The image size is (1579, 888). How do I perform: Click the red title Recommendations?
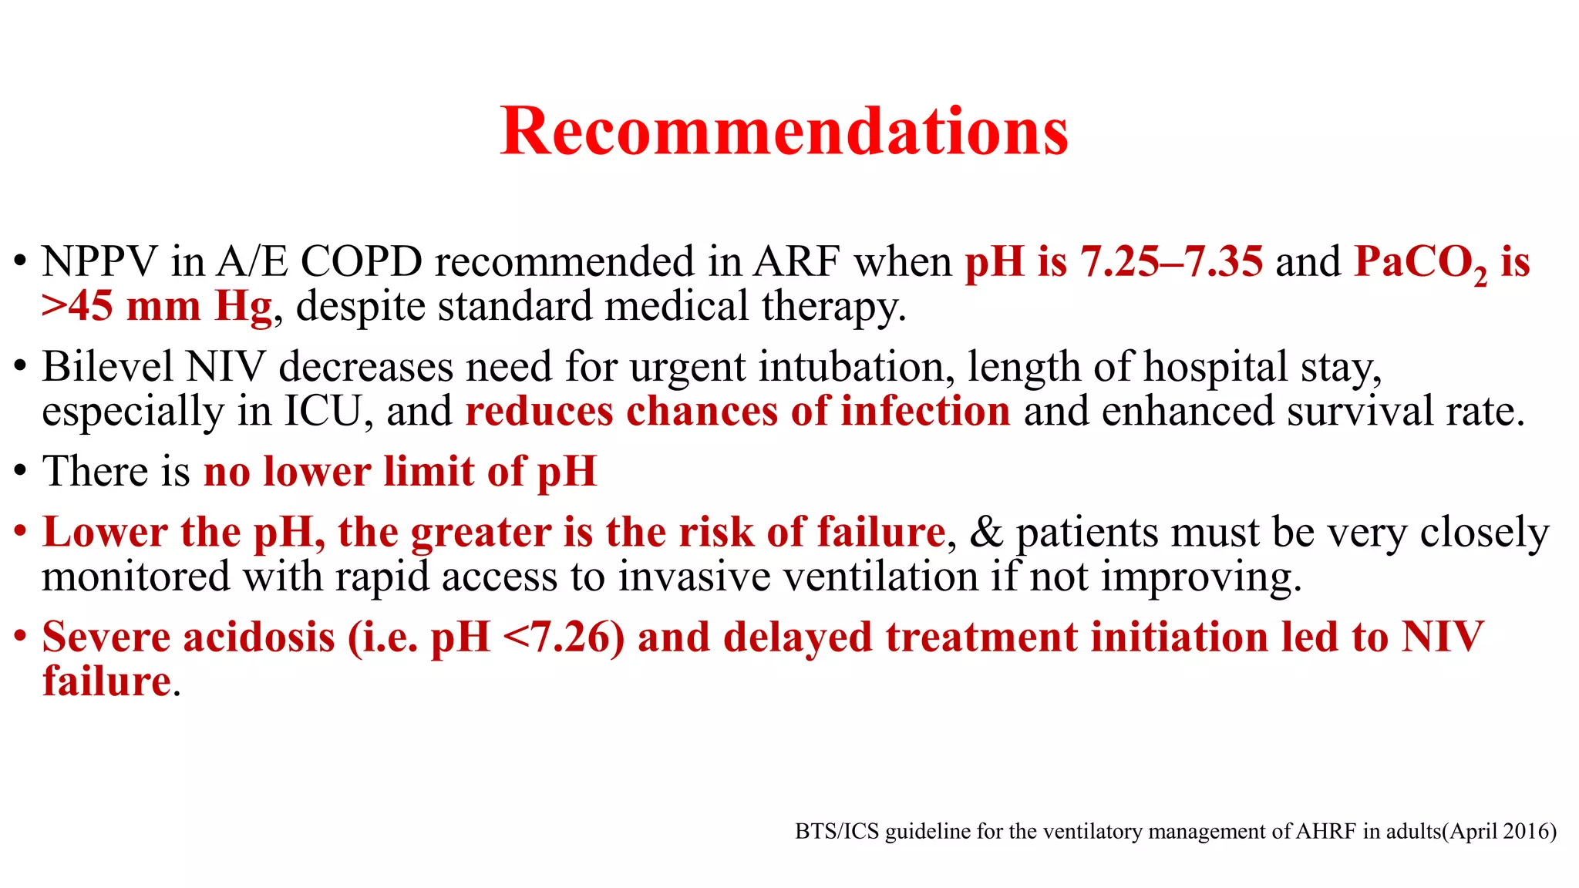click(x=784, y=131)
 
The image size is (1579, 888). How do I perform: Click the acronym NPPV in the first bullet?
click(x=99, y=262)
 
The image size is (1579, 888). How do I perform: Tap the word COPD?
click(x=361, y=262)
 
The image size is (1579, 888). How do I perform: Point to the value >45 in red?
click(x=77, y=306)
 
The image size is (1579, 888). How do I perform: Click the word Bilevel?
click(x=107, y=367)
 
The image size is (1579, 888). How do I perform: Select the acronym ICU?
click(x=323, y=412)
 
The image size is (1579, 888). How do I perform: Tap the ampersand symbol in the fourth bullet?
click(x=985, y=532)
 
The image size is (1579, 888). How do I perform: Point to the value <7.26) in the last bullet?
click(x=563, y=637)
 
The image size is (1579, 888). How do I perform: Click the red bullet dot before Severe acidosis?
click(x=21, y=637)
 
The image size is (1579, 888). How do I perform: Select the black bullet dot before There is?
click(x=21, y=472)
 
